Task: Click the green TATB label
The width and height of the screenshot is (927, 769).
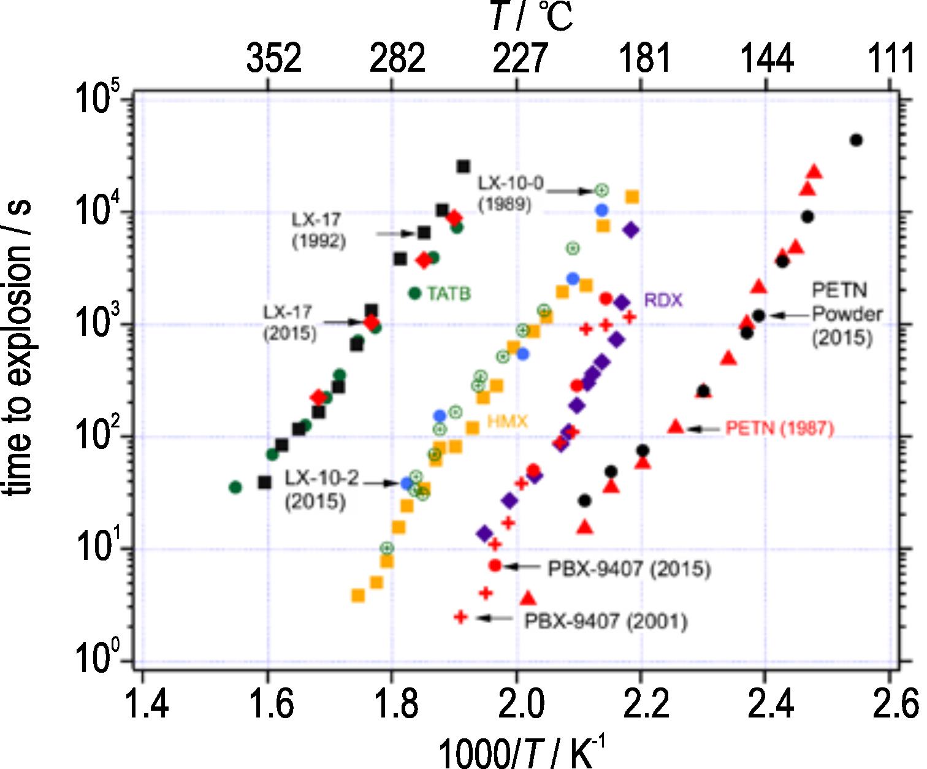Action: click(x=449, y=294)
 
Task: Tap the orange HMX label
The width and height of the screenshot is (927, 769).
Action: click(x=507, y=421)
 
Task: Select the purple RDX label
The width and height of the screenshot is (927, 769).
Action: click(x=663, y=300)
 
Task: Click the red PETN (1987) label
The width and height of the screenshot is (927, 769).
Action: click(x=780, y=428)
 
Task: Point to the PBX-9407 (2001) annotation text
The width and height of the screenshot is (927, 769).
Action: click(x=606, y=621)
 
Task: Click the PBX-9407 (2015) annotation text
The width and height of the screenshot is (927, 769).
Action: click(x=629, y=568)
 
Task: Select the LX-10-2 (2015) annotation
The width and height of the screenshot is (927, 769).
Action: click(x=321, y=489)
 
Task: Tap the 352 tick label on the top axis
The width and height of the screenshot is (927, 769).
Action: click(x=274, y=59)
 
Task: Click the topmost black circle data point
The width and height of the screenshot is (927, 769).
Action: click(x=856, y=140)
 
